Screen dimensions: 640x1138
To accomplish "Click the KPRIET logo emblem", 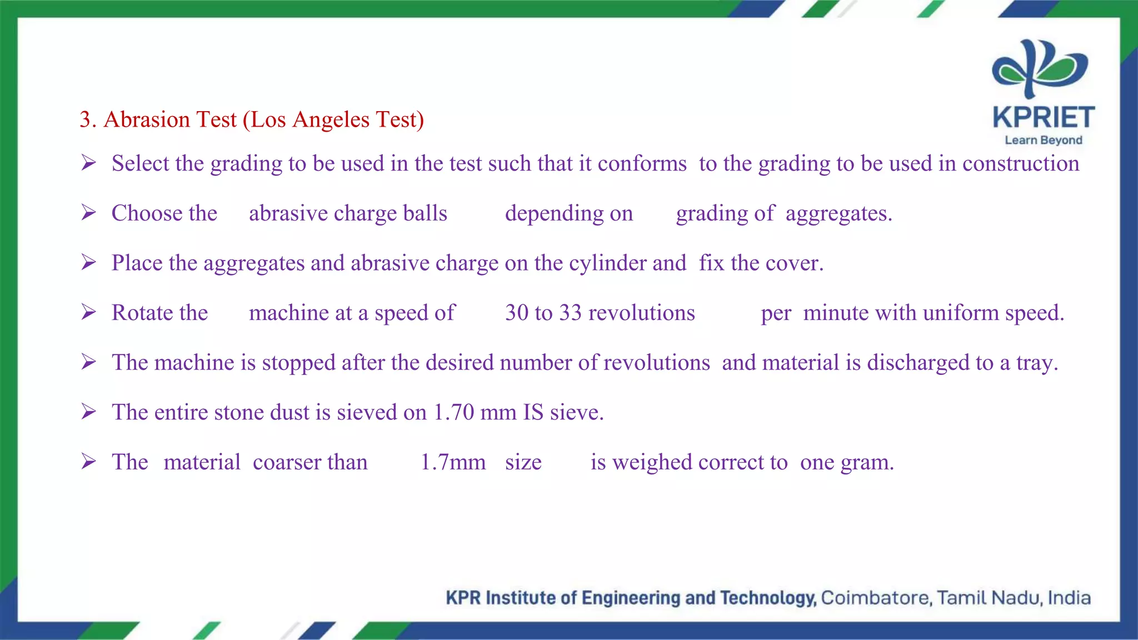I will tap(1040, 68).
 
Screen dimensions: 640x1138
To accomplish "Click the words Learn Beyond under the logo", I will tap(1043, 140).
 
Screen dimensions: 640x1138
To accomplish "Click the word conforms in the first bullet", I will tap(642, 164).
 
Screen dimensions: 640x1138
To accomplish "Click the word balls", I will tap(425, 213).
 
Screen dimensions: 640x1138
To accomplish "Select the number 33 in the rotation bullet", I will tap(570, 313).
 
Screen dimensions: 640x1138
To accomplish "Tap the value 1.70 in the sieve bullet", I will tap(453, 412).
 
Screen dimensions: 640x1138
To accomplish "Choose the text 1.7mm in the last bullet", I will tap(453, 462).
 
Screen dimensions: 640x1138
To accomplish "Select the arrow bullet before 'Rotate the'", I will tap(88, 312).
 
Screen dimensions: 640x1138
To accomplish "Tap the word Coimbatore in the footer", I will tap(876, 598).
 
